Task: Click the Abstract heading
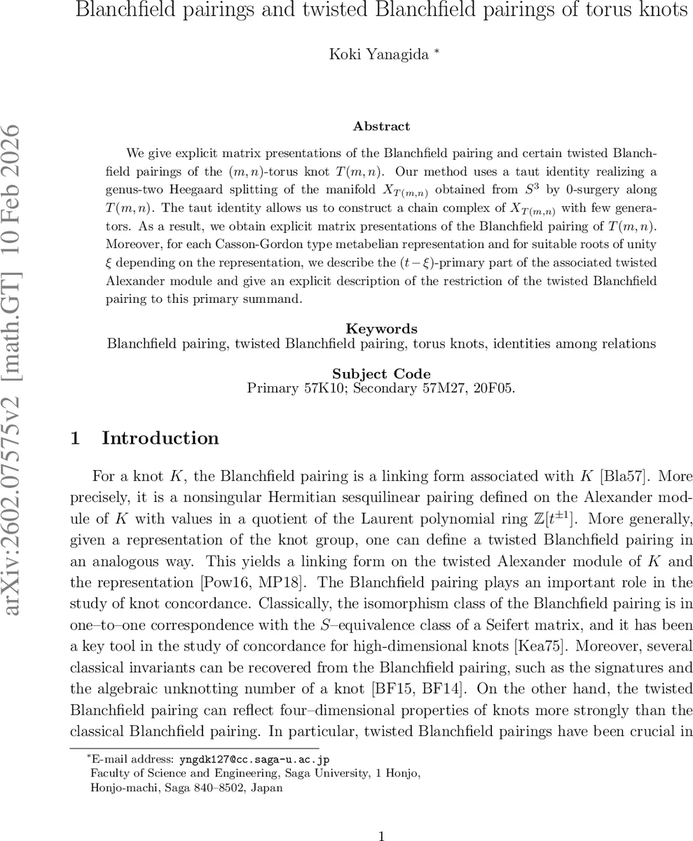pos(381,126)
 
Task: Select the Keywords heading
pos(381,329)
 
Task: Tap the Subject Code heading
pos(381,374)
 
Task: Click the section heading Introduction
pos(160,438)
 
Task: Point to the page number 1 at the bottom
pos(381,835)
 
